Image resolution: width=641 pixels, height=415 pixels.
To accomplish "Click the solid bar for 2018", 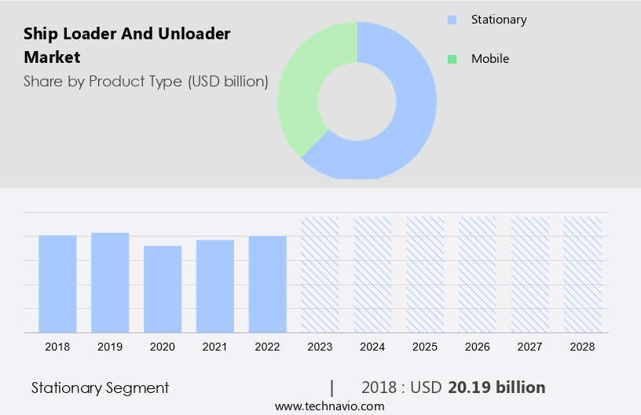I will click(57, 284).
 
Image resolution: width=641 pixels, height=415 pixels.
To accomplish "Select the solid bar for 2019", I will click(110, 282).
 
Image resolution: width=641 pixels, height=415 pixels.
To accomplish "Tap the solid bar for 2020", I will click(163, 288).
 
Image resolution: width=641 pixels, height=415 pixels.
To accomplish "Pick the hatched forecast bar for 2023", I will click(320, 274).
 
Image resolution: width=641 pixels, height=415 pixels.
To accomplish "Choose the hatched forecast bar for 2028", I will click(582, 274).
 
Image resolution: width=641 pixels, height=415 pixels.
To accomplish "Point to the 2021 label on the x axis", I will click(214, 347).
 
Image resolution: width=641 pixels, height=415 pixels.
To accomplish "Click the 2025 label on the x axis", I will click(425, 347).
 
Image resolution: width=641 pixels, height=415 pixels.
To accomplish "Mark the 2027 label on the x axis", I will click(530, 347).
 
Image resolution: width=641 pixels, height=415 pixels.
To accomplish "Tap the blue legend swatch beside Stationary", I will click(451, 20).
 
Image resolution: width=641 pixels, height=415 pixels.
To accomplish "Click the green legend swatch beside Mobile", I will click(451, 59).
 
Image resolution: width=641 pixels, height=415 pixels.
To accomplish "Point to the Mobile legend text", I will click(490, 59).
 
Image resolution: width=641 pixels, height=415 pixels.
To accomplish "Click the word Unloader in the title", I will click(192, 34).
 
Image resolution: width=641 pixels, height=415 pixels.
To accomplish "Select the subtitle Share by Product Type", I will click(146, 81).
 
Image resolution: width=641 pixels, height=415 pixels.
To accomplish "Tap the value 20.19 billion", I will click(496, 387).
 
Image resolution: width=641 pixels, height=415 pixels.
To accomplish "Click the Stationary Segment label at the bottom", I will click(100, 387).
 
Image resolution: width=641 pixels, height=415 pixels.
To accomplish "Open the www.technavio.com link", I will click(329, 406).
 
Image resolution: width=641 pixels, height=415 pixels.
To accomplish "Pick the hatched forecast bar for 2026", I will click(478, 274).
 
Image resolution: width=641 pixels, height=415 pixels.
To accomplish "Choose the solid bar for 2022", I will click(267, 284).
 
